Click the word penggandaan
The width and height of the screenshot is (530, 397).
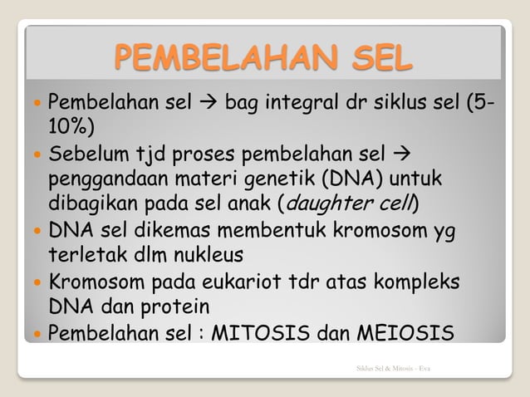tap(106, 179)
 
